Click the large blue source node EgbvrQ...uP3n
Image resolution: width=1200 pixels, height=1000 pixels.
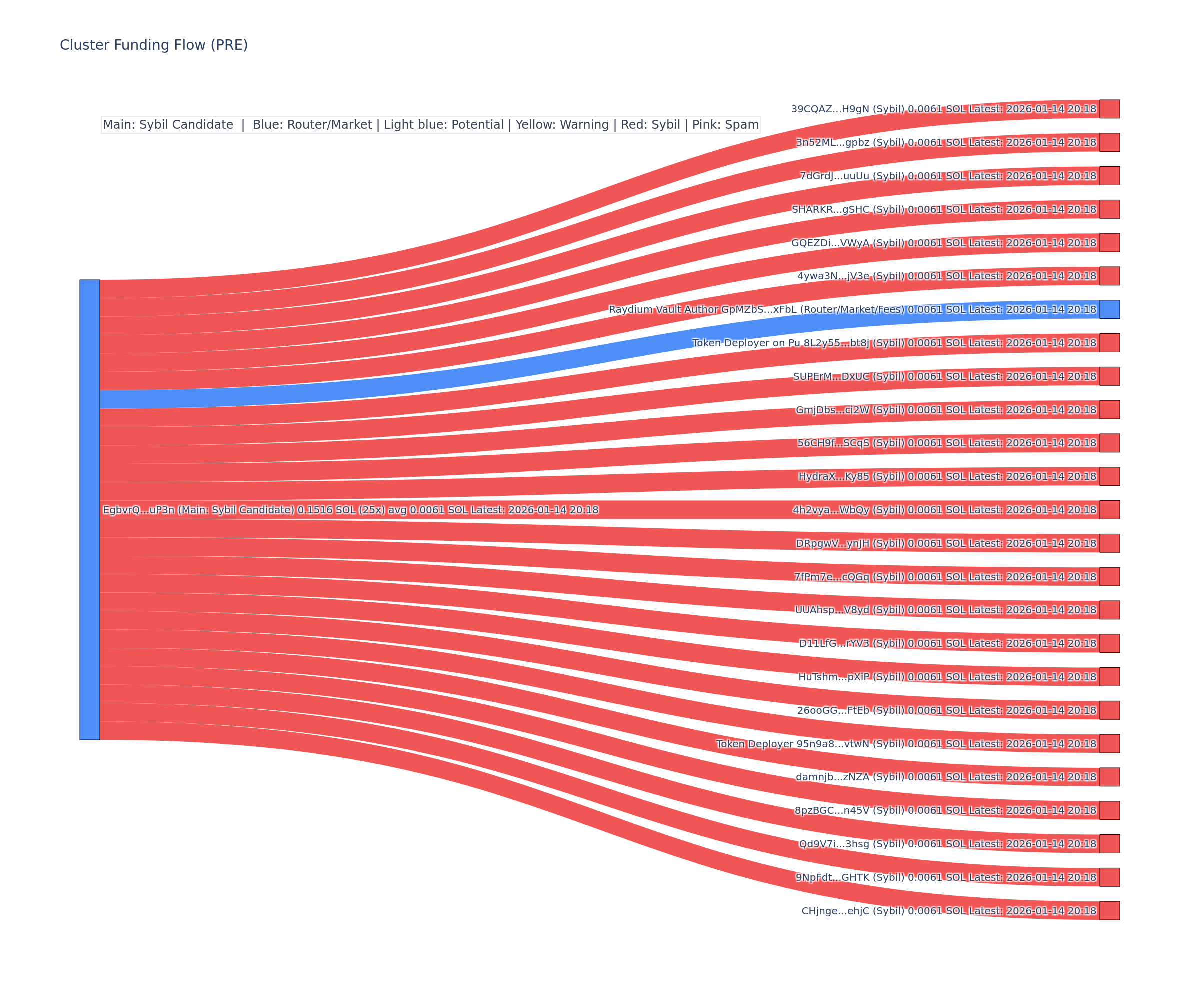pos(89,509)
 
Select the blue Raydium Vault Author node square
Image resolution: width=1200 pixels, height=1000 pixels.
pos(1109,309)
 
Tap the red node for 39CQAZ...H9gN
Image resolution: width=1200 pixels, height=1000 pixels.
pos(1109,109)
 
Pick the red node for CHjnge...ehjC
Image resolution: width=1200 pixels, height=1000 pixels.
pos(1109,911)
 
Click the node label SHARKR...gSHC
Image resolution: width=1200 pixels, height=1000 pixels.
pos(848,209)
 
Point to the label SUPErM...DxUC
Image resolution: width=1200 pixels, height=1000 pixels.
pos(848,376)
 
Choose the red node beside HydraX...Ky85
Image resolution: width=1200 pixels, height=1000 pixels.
pos(1109,476)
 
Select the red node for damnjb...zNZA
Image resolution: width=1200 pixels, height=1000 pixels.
pos(1109,777)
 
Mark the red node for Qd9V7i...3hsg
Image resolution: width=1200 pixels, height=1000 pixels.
pos(1109,844)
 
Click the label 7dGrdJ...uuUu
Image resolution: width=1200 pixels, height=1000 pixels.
pos(852,176)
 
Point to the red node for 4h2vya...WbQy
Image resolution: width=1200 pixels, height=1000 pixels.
pos(1109,509)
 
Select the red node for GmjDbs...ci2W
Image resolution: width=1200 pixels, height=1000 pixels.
pos(1109,409)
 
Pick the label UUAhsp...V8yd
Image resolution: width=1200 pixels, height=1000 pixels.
pos(849,610)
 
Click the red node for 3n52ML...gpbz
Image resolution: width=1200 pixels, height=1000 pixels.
pos(1109,142)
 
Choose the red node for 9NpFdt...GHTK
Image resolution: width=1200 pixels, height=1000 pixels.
pos(1109,877)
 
